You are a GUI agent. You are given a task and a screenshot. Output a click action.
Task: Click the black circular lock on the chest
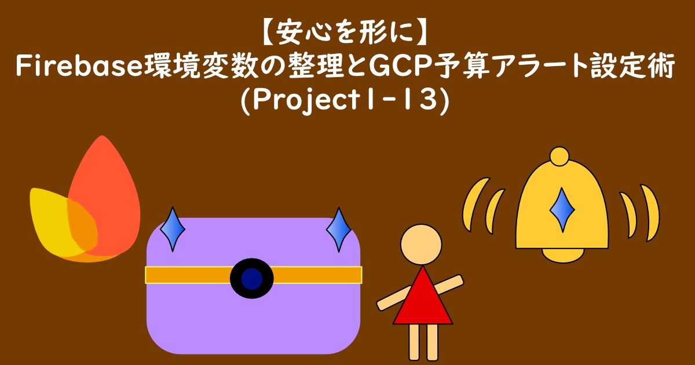(x=251, y=276)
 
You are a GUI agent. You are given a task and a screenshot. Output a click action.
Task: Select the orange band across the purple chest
(x=185, y=275)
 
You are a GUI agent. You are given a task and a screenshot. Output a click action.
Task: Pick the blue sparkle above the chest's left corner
(x=172, y=229)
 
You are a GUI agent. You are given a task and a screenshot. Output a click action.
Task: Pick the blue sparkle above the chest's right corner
(x=338, y=229)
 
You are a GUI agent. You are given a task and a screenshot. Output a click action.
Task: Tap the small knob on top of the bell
(x=559, y=156)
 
